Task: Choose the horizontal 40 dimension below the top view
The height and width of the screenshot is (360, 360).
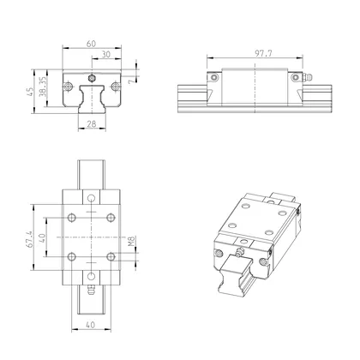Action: click(90, 325)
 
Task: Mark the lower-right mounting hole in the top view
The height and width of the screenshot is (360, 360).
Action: click(109, 255)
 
